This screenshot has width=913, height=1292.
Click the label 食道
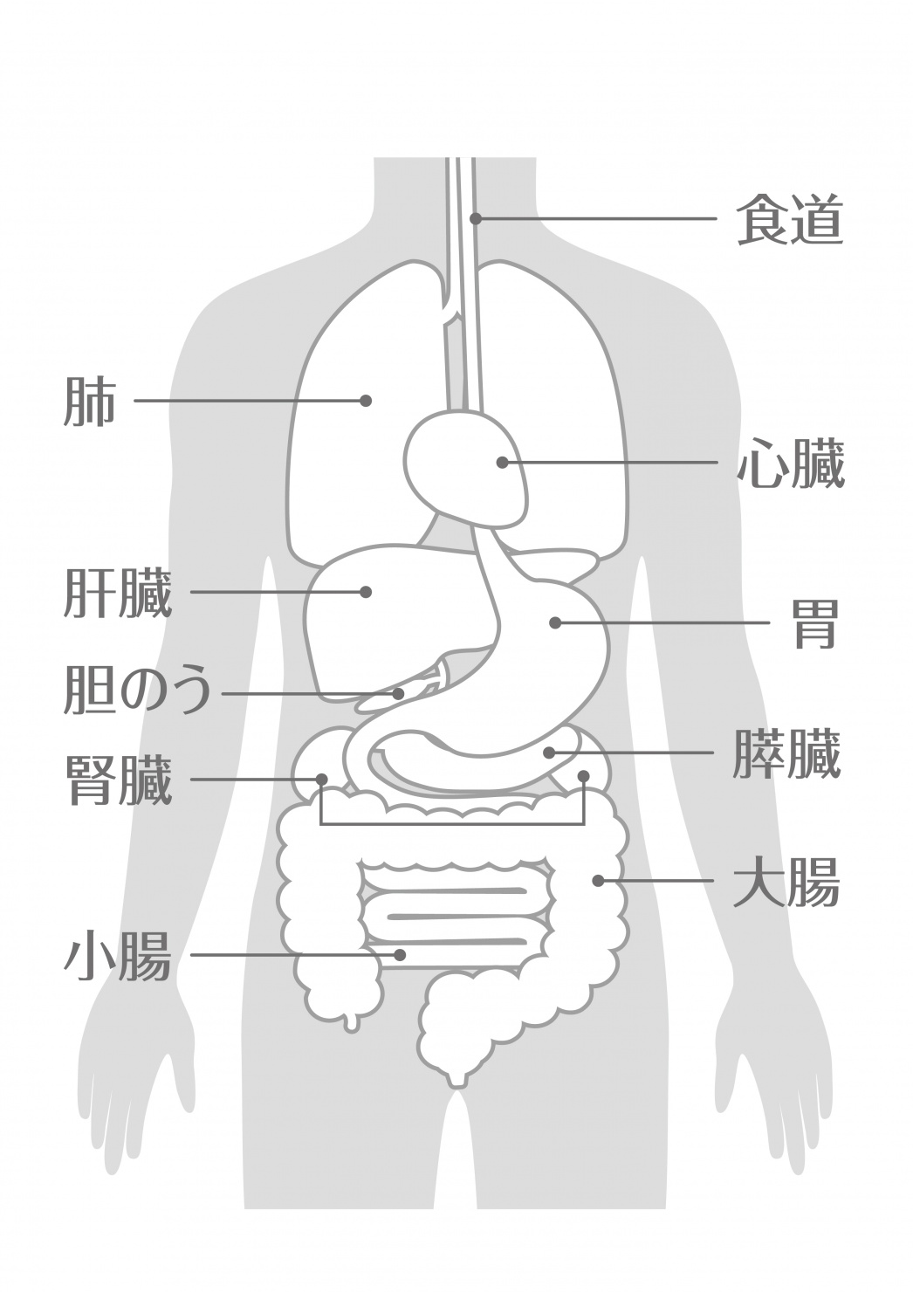click(790, 219)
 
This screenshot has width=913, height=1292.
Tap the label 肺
click(90, 401)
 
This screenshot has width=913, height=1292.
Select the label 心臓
click(791, 463)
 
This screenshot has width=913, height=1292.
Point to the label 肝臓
click(118, 593)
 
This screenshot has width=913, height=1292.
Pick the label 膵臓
click(786, 753)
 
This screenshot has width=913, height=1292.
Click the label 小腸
click(118, 955)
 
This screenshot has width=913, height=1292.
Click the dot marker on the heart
click(503, 463)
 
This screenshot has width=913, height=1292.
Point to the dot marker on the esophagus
click(476, 218)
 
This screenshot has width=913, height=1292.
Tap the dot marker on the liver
click(366, 592)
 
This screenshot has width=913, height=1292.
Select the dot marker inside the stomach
click(555, 623)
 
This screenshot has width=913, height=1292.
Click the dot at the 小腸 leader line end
click(399, 955)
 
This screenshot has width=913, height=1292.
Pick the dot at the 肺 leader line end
click(366, 401)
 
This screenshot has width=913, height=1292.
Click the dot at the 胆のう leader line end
click(399, 693)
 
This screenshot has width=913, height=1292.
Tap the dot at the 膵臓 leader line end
click(549, 753)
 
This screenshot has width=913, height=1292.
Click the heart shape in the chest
click(467, 467)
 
